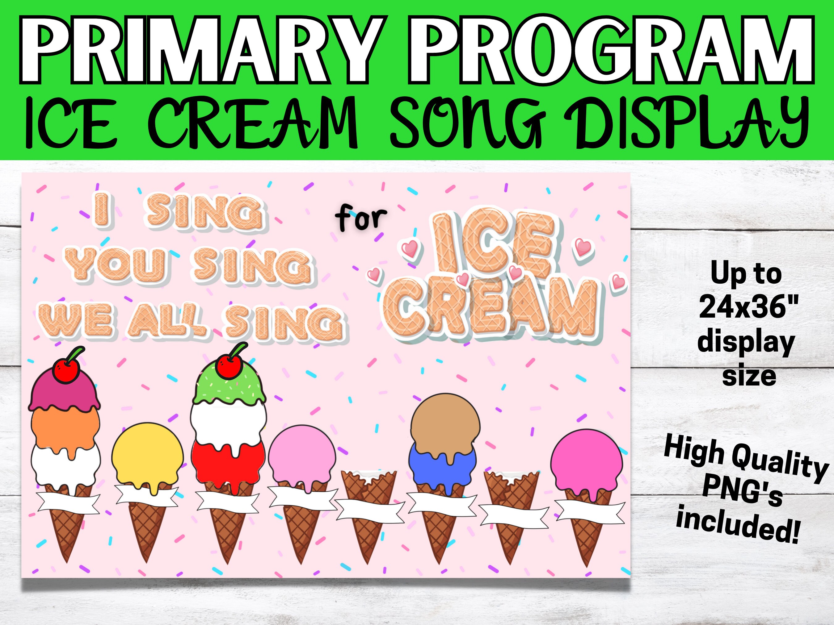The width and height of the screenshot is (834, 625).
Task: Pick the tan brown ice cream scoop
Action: tap(446, 421)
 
